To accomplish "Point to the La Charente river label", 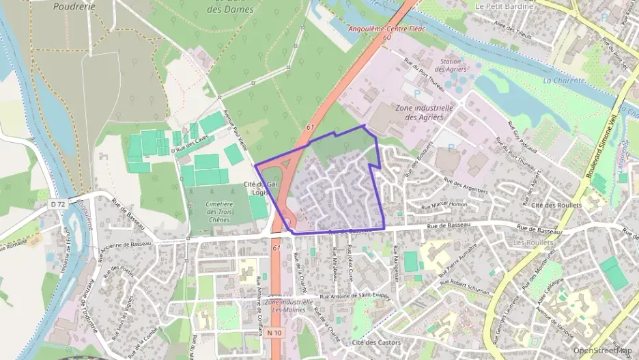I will [564, 80].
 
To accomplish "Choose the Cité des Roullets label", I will [556, 206].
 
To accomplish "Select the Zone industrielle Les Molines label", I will [289, 305].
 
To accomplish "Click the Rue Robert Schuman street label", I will [465, 287].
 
